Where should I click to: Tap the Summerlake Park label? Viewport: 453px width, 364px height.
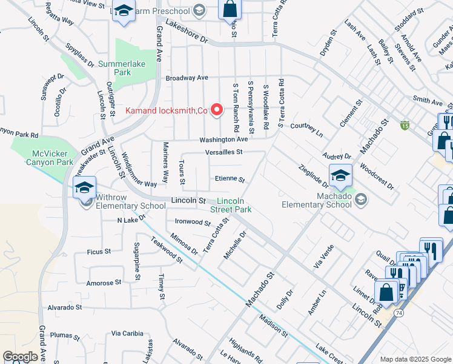point(114,68)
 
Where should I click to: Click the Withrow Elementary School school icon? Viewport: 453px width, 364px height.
point(84,187)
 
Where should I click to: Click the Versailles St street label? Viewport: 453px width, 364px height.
point(223,152)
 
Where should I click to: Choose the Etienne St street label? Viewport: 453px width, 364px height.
point(229,180)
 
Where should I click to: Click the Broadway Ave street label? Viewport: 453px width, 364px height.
point(187,78)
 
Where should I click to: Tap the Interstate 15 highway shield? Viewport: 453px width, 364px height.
point(405,126)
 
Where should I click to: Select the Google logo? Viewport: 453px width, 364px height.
point(20,357)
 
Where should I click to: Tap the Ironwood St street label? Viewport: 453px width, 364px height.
point(192,222)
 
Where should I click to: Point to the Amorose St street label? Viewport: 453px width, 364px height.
point(99,283)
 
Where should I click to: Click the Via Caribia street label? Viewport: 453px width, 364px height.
point(127,333)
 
